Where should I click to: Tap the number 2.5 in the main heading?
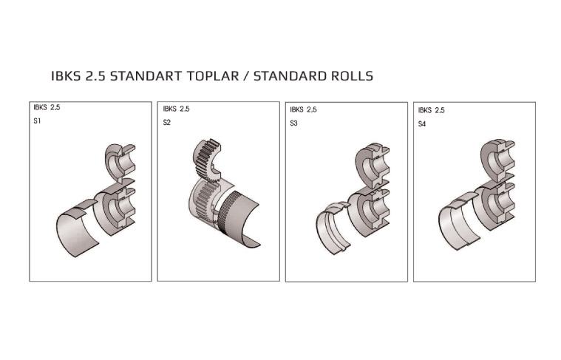point(95,76)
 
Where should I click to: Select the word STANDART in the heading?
point(146,76)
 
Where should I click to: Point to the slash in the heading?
point(246,76)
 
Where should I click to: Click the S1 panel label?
point(37,121)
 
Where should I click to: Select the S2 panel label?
point(167,123)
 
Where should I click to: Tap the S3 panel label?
point(293,123)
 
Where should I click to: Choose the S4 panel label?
point(422,124)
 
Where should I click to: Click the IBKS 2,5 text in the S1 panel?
point(47,107)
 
